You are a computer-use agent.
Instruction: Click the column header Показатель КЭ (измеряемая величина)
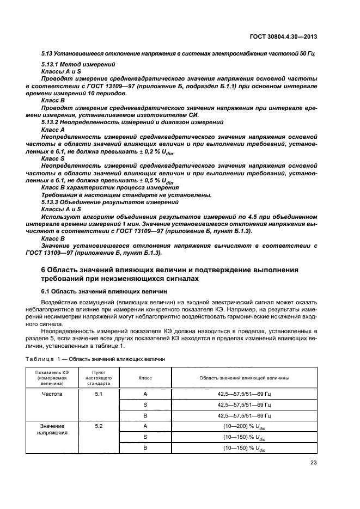click(x=50, y=377)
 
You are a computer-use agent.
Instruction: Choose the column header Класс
click(x=145, y=377)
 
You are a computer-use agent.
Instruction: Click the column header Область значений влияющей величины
click(x=244, y=377)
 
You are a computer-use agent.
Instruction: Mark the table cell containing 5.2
click(x=99, y=426)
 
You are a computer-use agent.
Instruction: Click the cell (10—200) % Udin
click(x=244, y=427)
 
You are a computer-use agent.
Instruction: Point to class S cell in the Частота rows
click(x=145, y=404)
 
